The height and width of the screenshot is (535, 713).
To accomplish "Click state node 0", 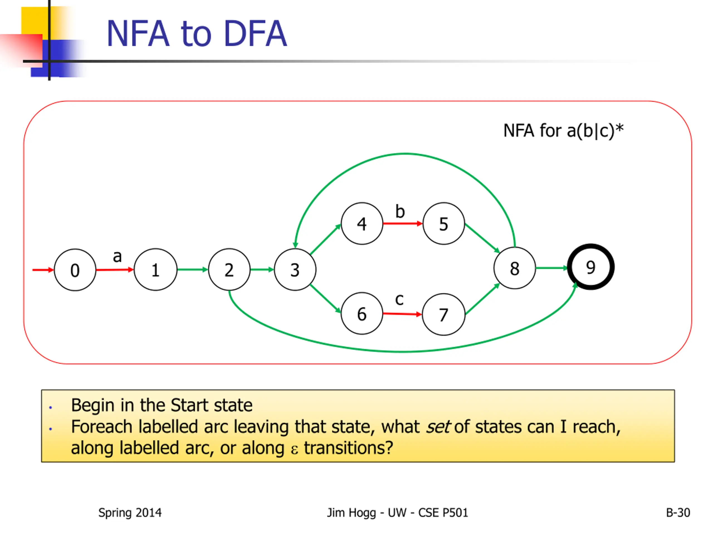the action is tap(75, 270).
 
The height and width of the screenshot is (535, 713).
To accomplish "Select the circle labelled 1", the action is tap(155, 270).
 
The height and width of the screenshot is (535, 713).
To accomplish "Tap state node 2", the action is tap(229, 270).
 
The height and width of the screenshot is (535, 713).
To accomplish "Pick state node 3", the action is tap(295, 270).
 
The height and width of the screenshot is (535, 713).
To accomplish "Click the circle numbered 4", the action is tap(362, 223).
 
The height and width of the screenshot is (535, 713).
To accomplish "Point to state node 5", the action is tap(444, 223).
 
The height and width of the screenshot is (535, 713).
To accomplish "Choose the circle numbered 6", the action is tap(362, 313).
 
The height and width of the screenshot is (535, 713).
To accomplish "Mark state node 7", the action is tap(444, 314).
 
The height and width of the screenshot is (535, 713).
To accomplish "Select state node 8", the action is tap(515, 268).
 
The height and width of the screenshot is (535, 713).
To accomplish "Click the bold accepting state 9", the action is tap(591, 267).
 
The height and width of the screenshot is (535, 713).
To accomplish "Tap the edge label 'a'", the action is tap(117, 257).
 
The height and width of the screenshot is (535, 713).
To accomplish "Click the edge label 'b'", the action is tap(400, 211).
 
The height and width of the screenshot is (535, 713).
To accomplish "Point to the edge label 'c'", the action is tap(399, 300).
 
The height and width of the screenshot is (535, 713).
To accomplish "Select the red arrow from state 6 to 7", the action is tap(402, 314).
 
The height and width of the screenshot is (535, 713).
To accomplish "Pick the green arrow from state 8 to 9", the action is tap(552, 268).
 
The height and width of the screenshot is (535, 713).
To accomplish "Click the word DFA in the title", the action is tap(255, 33).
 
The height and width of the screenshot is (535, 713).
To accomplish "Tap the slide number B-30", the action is tap(678, 513).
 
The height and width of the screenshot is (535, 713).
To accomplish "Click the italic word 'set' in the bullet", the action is tap(438, 427).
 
